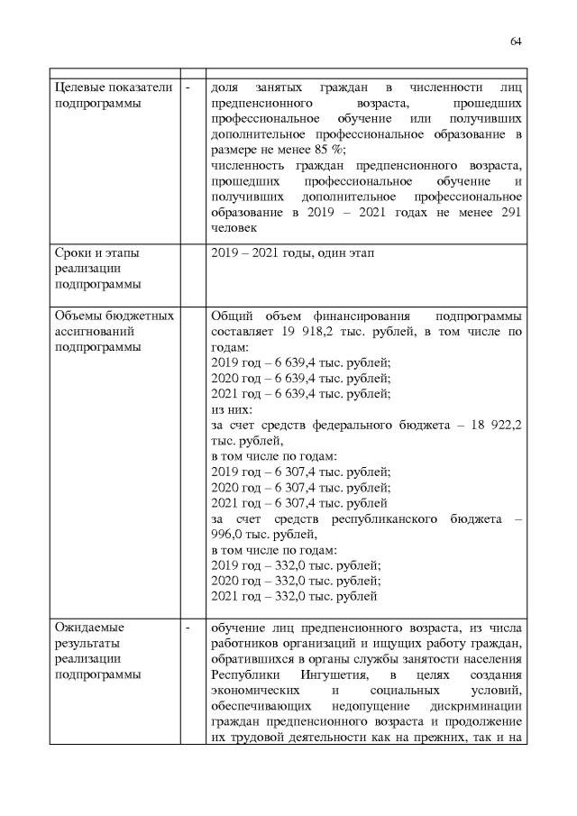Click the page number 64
[x=517, y=41]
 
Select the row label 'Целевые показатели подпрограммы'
[x=99, y=96]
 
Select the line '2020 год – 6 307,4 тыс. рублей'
[x=299, y=487]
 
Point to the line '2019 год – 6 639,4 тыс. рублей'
[x=299, y=362]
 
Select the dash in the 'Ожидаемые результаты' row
[x=188, y=628]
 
